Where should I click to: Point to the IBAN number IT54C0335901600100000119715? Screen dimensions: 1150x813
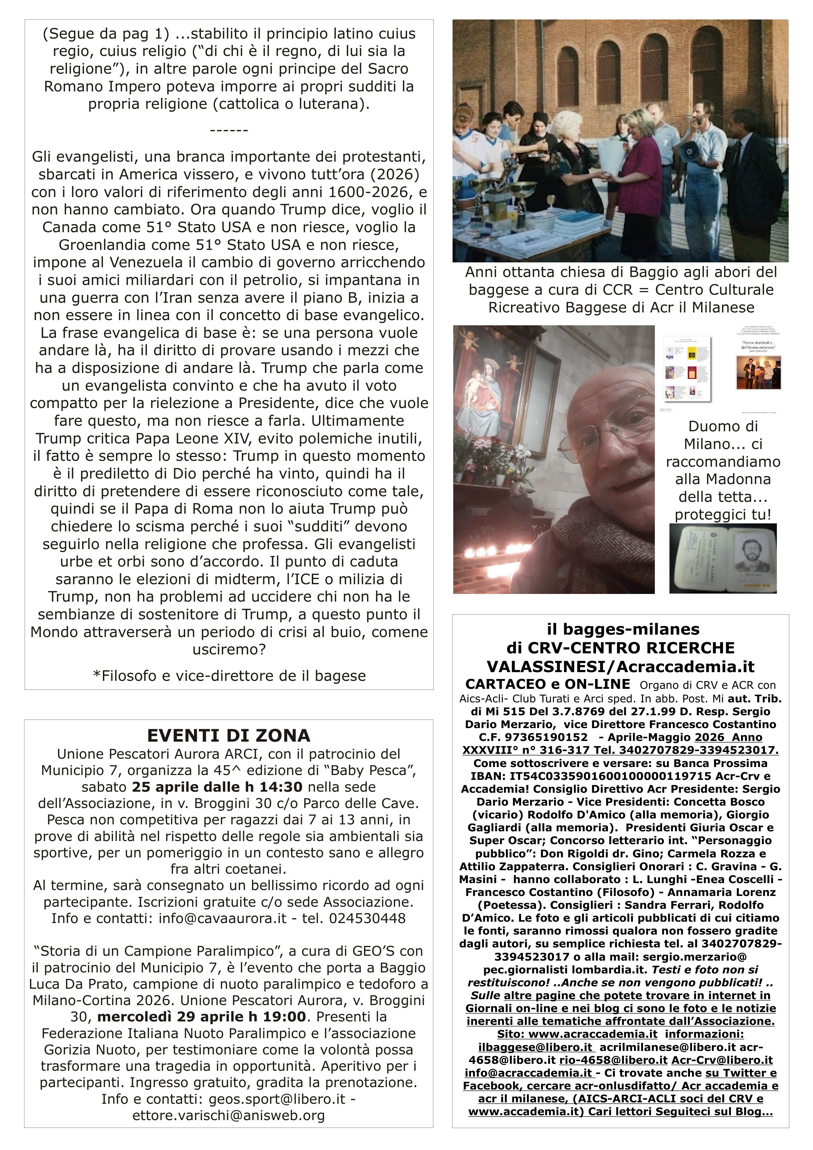point(591,776)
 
